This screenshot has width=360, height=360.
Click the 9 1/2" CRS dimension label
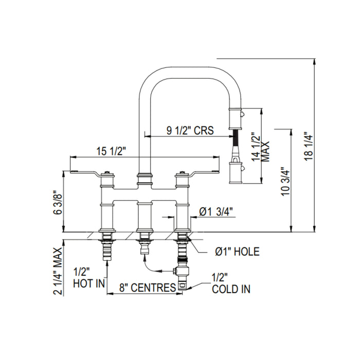tap(190, 130)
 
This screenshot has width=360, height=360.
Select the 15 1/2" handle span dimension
tap(111, 151)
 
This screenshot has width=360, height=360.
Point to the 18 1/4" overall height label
tap(309, 147)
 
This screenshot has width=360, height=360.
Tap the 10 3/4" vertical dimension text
tap(286, 182)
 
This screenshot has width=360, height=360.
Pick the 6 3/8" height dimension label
tap(58, 202)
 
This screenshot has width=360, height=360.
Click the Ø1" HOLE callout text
tap(237, 251)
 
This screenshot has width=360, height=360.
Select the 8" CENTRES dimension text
tap(148, 287)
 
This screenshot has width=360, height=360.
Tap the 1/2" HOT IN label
tap(89, 278)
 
